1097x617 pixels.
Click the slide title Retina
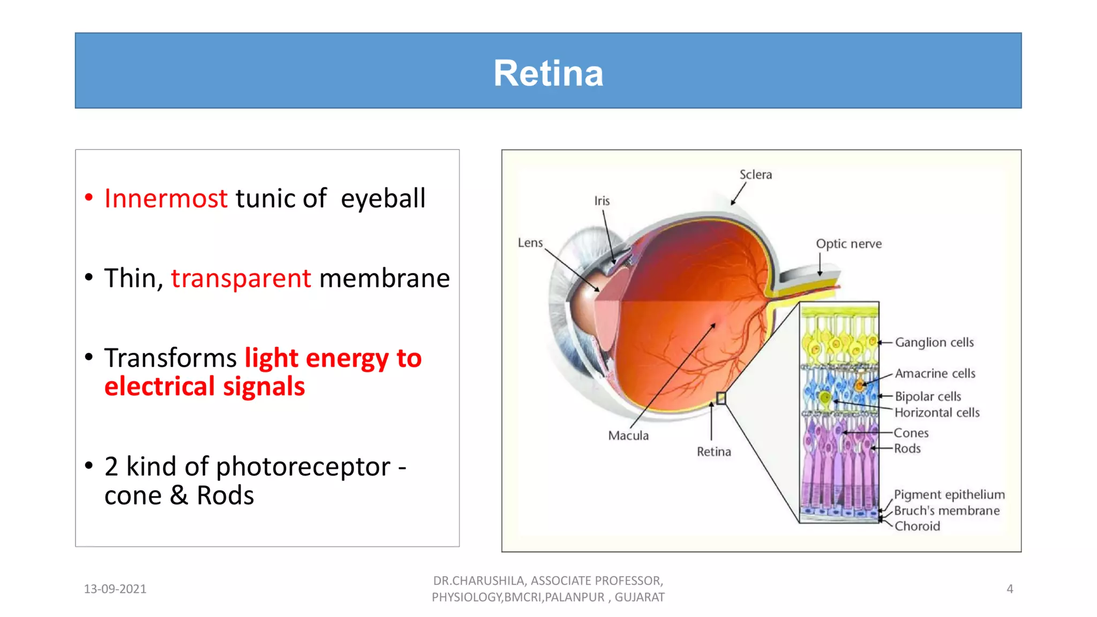pyautogui.click(x=548, y=73)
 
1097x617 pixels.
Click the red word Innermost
pyautogui.click(x=166, y=199)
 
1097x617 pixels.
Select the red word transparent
pyautogui.click(x=241, y=279)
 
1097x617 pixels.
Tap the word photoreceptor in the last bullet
pyautogui.click(x=303, y=467)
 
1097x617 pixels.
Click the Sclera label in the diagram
pyautogui.click(x=755, y=175)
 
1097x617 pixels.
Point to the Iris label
pyautogui.click(x=602, y=201)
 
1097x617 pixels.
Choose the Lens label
pyautogui.click(x=530, y=243)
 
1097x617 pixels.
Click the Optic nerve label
pyautogui.click(x=848, y=244)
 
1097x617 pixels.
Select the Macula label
pyautogui.click(x=628, y=435)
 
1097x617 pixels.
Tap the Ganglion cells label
pyautogui.click(x=934, y=342)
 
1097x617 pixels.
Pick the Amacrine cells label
pyautogui.click(x=935, y=373)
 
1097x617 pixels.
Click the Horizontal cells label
pyautogui.click(x=937, y=412)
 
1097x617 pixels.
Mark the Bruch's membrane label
pyautogui.click(x=946, y=510)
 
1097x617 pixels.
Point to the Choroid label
pyautogui.click(x=917, y=526)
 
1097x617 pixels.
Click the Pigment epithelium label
pyautogui.click(x=949, y=494)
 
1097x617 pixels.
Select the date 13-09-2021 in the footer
pyautogui.click(x=115, y=589)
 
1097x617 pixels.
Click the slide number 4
pyautogui.click(x=1010, y=589)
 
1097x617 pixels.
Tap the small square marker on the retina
pyautogui.click(x=721, y=398)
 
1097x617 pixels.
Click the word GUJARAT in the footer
pyautogui.click(x=640, y=597)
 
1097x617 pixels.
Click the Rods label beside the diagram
pyautogui.click(x=907, y=448)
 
